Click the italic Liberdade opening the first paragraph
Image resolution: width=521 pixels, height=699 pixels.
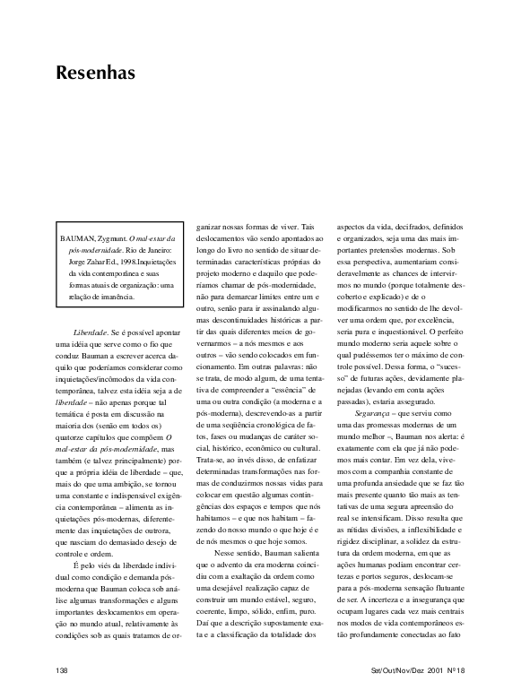click(104, 332)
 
